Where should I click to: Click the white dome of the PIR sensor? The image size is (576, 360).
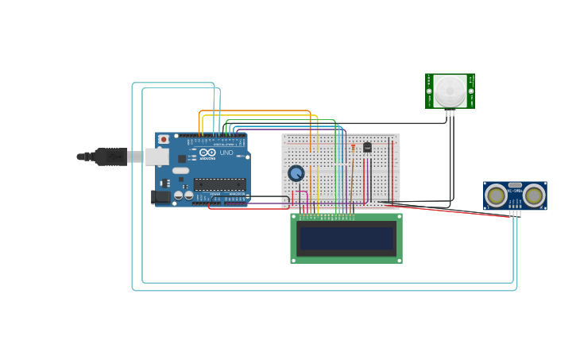[x=450, y=91]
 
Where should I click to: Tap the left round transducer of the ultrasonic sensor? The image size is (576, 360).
[x=497, y=195]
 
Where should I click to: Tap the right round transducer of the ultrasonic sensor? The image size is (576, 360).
[x=534, y=195]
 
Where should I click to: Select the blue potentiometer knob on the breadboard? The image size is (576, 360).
[x=296, y=173]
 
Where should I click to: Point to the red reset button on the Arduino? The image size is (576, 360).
[x=164, y=139]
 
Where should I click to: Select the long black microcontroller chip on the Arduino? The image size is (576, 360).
[x=219, y=184]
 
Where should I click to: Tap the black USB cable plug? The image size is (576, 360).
[x=111, y=157]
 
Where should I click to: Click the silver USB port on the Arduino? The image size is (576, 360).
[x=157, y=157]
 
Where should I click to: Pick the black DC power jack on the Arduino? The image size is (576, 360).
[x=160, y=196]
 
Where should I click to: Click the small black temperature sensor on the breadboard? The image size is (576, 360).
[x=367, y=147]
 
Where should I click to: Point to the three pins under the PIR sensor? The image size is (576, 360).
[x=450, y=113]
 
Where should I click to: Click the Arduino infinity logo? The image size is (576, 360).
[x=207, y=152]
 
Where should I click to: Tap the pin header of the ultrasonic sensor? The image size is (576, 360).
[x=515, y=213]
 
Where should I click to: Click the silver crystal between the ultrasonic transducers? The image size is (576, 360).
[x=515, y=185]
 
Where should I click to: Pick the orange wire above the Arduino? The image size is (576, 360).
[x=254, y=110]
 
